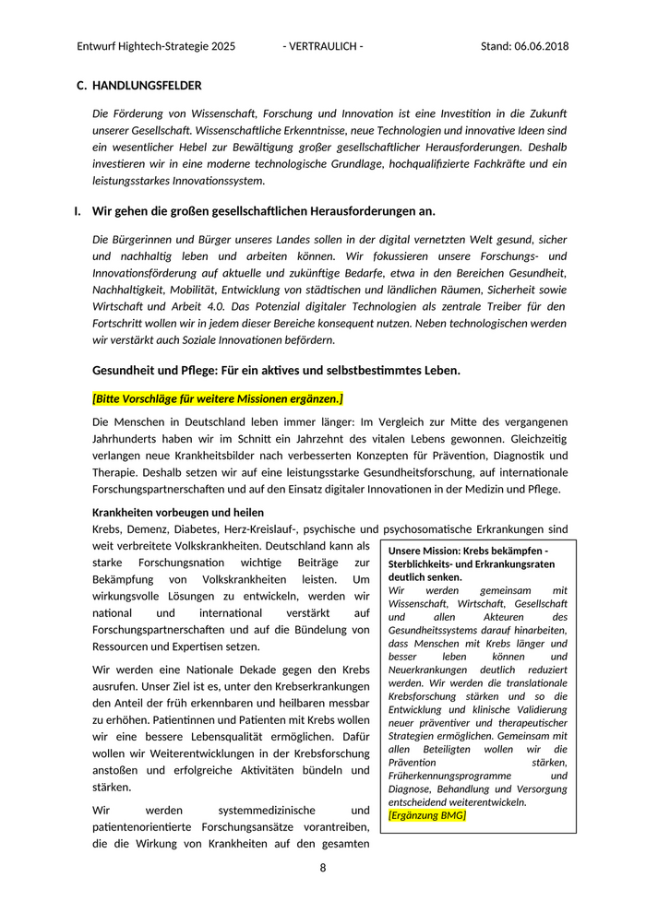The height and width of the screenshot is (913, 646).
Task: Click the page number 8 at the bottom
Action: [x=323, y=868]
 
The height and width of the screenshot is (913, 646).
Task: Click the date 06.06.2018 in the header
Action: [x=540, y=46]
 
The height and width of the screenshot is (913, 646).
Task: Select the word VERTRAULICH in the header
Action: [x=323, y=46]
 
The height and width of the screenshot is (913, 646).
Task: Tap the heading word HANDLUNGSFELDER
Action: [x=147, y=86]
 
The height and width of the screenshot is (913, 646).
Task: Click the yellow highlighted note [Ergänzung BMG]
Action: [x=427, y=815]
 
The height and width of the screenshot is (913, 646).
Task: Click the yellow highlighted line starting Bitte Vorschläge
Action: [x=218, y=397]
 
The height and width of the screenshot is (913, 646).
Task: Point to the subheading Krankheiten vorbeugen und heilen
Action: [x=178, y=512]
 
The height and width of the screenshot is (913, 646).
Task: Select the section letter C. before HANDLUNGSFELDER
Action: [x=81, y=86]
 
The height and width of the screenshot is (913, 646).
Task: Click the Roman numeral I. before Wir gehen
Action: [x=78, y=211]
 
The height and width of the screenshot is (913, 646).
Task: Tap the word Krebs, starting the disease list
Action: [x=108, y=529]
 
